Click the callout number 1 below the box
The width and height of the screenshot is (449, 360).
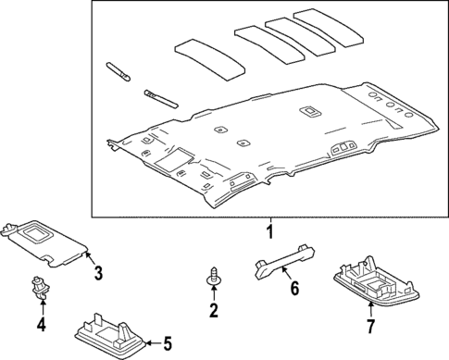point(269,232)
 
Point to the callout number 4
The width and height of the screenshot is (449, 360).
point(40,325)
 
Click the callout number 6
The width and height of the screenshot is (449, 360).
point(295,290)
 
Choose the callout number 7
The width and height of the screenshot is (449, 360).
point(371,327)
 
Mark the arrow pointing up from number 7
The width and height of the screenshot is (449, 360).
point(371,308)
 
